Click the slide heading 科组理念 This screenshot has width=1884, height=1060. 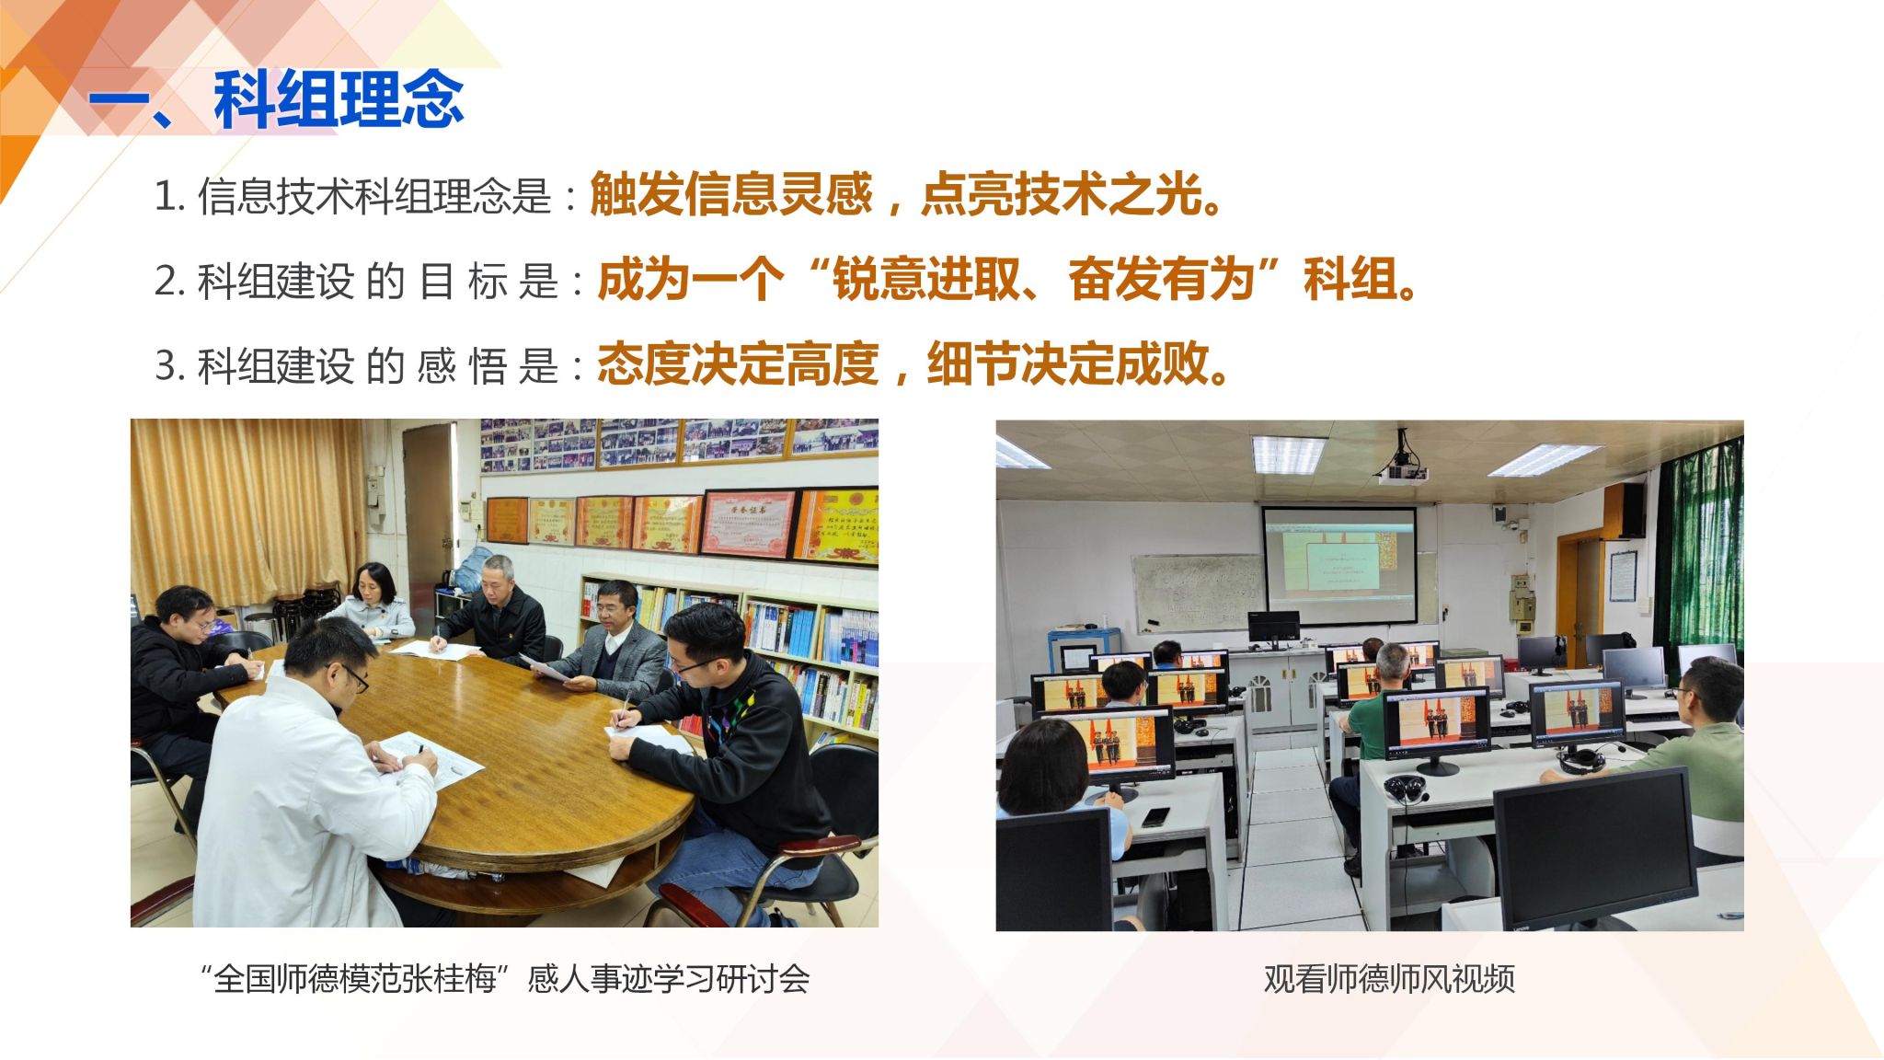click(339, 99)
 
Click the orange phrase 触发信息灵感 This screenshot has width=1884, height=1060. click(730, 194)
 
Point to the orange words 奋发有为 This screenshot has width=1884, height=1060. click(1162, 279)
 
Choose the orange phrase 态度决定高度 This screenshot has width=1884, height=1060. click(738, 363)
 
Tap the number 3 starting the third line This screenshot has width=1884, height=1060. click(166, 365)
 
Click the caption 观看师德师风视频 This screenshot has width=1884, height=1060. click(1389, 979)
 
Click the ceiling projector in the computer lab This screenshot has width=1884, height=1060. click(1402, 464)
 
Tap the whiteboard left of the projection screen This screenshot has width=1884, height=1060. click(1196, 593)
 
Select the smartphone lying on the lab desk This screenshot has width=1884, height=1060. click(1155, 816)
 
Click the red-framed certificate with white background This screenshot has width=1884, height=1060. click(748, 524)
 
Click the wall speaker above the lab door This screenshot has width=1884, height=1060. click(1633, 510)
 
